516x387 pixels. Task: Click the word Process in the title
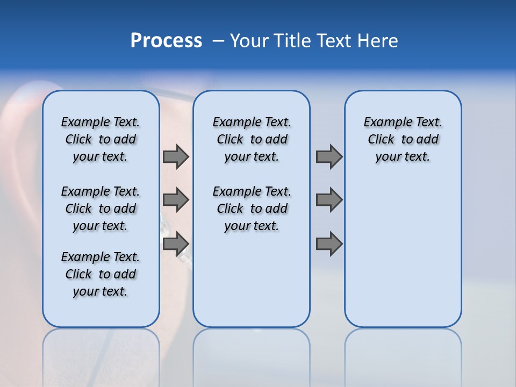(x=166, y=41)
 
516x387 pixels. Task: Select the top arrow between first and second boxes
(x=176, y=156)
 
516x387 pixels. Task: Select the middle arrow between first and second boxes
(x=176, y=200)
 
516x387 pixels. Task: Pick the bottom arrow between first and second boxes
(x=176, y=244)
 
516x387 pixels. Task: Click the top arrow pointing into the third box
(x=329, y=156)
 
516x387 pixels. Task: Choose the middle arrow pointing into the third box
(x=329, y=200)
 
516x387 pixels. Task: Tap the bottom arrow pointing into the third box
(x=329, y=244)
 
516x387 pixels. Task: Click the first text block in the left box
(x=101, y=139)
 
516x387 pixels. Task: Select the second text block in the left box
(x=101, y=209)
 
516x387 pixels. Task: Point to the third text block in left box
(x=101, y=274)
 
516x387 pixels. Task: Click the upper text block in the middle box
(x=252, y=139)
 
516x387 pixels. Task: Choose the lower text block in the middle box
(x=252, y=209)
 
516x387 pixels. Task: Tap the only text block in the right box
(x=403, y=139)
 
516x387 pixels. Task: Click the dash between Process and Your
(x=218, y=41)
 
